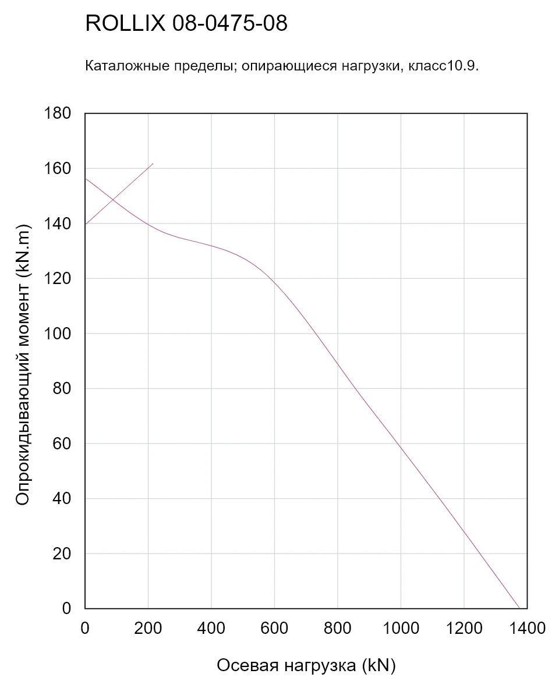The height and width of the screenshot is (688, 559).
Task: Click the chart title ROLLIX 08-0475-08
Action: (x=186, y=23)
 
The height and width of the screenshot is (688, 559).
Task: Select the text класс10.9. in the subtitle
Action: (x=444, y=66)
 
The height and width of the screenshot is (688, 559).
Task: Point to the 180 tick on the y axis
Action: (x=58, y=113)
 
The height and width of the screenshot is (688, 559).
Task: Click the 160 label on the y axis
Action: (x=58, y=168)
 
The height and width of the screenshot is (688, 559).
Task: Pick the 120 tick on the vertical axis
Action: (x=58, y=279)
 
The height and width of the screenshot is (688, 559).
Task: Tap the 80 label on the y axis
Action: (x=62, y=388)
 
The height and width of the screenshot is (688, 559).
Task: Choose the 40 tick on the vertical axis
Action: (x=62, y=498)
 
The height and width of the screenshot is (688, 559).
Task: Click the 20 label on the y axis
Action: (x=62, y=554)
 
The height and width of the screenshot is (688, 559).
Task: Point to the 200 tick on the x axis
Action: (x=148, y=628)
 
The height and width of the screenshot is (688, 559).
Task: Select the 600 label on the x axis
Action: (x=274, y=628)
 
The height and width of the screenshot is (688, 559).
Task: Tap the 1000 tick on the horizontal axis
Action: (x=401, y=628)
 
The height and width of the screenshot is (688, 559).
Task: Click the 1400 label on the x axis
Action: (x=527, y=628)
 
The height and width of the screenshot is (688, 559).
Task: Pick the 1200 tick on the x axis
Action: (x=464, y=628)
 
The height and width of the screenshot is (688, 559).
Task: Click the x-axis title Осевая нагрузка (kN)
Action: (x=306, y=665)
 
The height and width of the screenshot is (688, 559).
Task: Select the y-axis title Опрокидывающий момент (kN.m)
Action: (x=23, y=364)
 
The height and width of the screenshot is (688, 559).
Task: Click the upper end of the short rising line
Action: (x=153, y=164)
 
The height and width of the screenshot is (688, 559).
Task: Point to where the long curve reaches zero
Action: (x=519, y=608)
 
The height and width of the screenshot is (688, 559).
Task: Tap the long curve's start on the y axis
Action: (x=85, y=179)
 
